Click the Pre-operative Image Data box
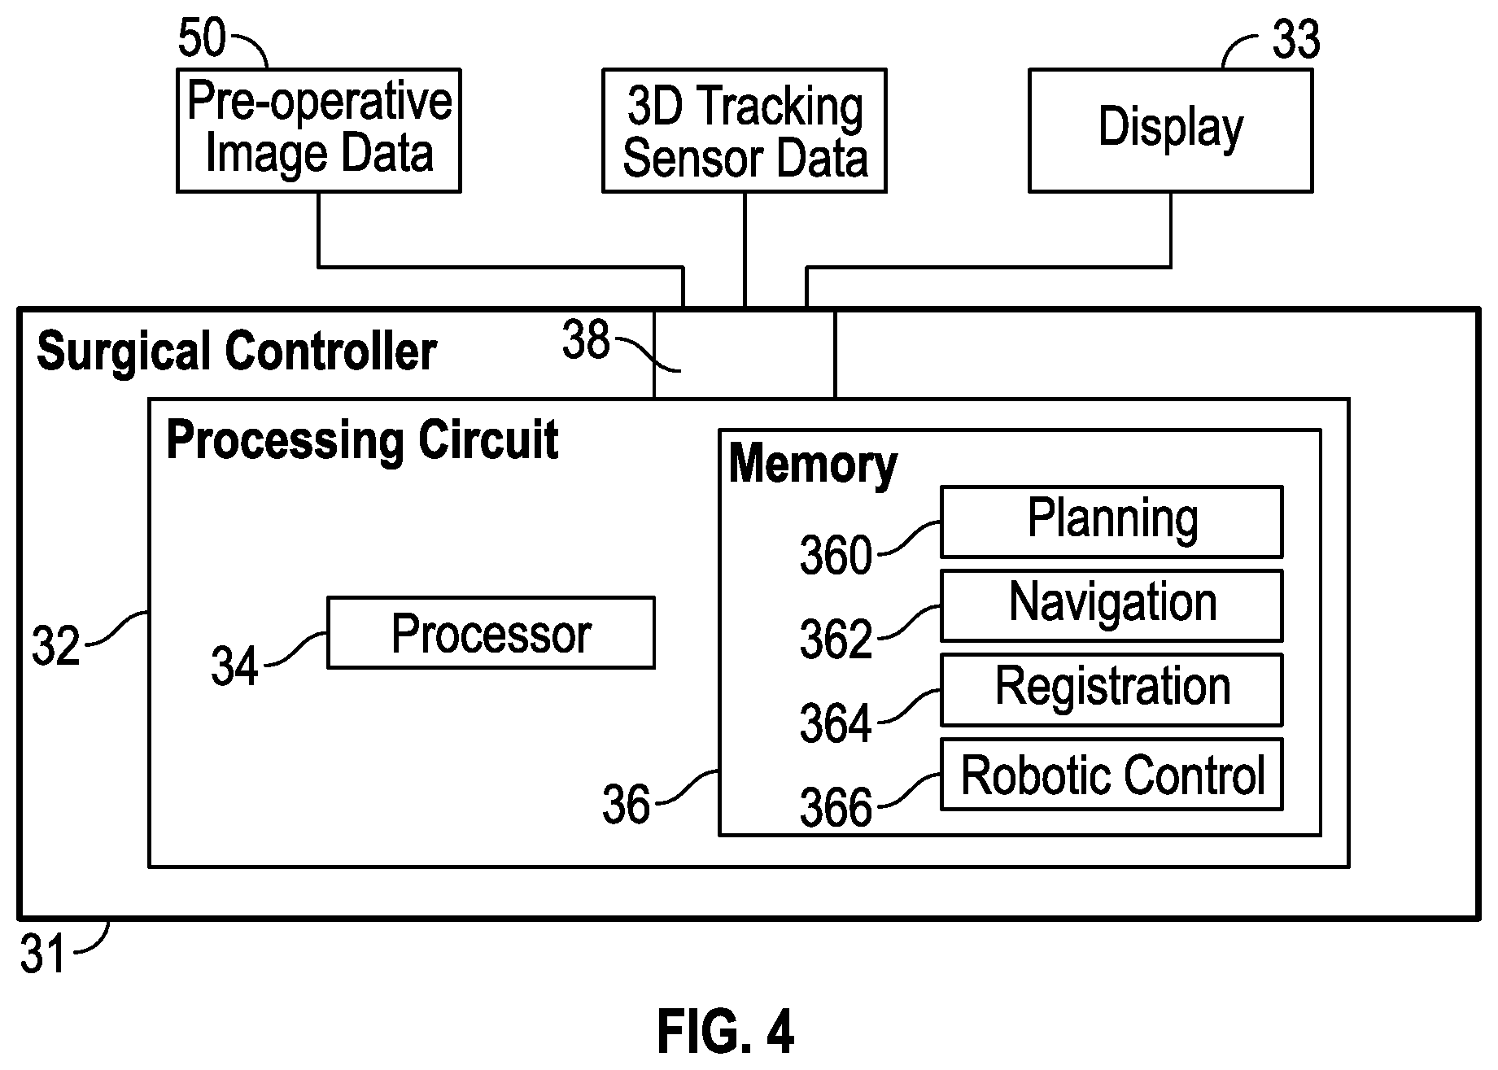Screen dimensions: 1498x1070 [x=319, y=130]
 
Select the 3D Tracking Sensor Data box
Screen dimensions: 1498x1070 [x=745, y=130]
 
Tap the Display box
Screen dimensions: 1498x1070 [x=1171, y=130]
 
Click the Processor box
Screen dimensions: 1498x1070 [x=491, y=633]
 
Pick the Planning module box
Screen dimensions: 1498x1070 [x=1111, y=522]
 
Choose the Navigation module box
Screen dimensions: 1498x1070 [x=1111, y=605]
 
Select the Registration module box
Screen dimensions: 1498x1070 [x=1111, y=689]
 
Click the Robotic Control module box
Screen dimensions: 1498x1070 [x=1111, y=774]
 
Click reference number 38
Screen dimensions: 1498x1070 [x=586, y=341]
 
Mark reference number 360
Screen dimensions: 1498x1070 [x=836, y=557]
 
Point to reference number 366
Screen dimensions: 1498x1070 [x=836, y=809]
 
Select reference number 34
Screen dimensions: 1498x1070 [x=234, y=666]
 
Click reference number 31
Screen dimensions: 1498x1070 [x=42, y=954]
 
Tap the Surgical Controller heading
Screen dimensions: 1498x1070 [x=237, y=352]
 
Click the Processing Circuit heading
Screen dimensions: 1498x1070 [x=362, y=440]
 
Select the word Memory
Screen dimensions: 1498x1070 [x=813, y=465]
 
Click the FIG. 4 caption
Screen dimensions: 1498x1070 [x=725, y=1032]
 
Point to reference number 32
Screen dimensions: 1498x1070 [x=55, y=648]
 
